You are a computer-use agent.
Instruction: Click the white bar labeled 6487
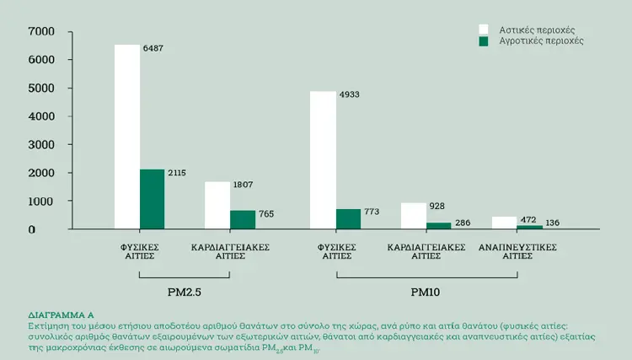tap(127, 137)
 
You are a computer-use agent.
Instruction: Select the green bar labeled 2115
tap(153, 199)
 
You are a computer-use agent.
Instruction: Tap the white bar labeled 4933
tap(323, 160)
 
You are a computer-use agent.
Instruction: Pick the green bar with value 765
tap(243, 220)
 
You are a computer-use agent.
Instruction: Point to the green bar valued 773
tap(348, 219)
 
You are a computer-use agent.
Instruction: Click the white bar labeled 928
tap(414, 216)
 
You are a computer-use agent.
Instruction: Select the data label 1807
tap(243, 185)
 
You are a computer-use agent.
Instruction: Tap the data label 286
tap(463, 223)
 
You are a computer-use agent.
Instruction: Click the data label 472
tap(528, 220)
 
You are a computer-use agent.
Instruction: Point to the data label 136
tap(552, 223)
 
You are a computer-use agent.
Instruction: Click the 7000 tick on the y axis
tap(41, 31)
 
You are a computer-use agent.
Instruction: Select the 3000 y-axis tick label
tap(41, 145)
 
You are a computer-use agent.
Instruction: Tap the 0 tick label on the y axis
tap(32, 230)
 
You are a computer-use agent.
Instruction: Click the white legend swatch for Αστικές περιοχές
tap(484, 30)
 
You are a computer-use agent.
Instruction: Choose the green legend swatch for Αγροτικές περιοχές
tap(484, 41)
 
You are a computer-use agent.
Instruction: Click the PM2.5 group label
tap(185, 293)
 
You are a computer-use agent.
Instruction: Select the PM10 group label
tap(426, 293)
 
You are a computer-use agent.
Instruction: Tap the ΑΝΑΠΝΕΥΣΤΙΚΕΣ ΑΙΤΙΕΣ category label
tap(517, 251)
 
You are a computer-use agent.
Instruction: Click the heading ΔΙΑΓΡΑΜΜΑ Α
tap(61, 314)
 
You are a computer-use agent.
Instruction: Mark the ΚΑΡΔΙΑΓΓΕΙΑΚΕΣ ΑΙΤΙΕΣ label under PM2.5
tap(230, 251)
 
